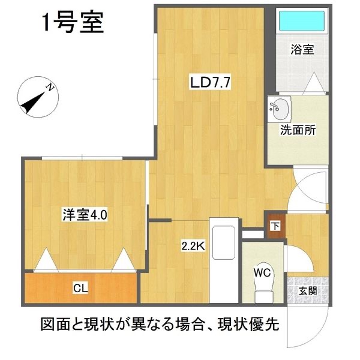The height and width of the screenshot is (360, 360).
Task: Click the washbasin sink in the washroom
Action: pyautogui.click(x=279, y=108)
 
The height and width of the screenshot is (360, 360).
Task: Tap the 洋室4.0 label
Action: pyautogui.click(x=85, y=214)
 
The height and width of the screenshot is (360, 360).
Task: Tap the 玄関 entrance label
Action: pyautogui.click(x=308, y=291)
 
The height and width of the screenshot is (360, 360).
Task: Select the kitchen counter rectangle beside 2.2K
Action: pyautogui.click(x=224, y=263)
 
